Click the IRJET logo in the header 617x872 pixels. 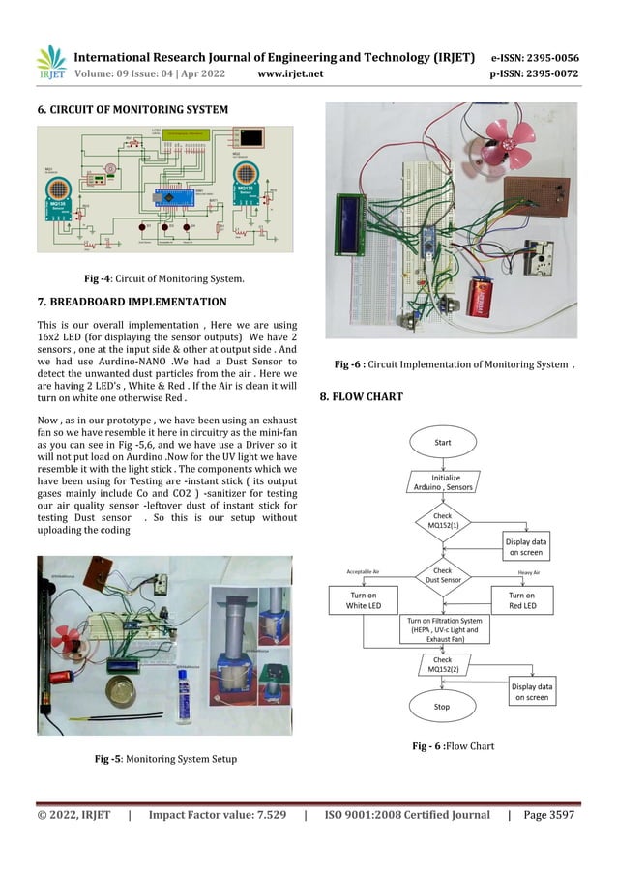[49, 61]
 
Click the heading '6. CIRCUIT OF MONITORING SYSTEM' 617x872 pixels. [132, 109]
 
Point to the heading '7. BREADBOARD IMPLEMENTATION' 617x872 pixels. [131, 302]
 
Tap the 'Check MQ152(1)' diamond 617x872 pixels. [443, 523]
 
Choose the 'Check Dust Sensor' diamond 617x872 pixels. [443, 577]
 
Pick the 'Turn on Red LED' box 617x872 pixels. [522, 599]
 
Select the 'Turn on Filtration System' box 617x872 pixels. [443, 629]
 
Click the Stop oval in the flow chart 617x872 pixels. [442, 707]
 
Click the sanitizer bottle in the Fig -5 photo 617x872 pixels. [181, 694]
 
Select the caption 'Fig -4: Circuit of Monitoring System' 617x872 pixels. [162, 279]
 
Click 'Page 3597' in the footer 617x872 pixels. [549, 816]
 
